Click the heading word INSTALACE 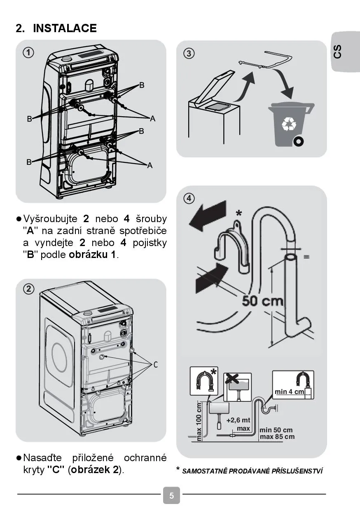(x=65, y=28)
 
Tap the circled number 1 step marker (x=28, y=52)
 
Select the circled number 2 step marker (x=28, y=289)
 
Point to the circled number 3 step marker (x=189, y=53)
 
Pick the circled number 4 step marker (x=189, y=198)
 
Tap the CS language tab (x=338, y=52)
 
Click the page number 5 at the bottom (x=171, y=496)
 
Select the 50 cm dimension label (x=263, y=301)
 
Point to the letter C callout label (x=156, y=365)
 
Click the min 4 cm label (x=290, y=391)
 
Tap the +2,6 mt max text (x=238, y=424)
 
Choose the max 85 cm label (x=277, y=437)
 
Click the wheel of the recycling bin (x=298, y=142)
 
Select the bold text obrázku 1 (x=93, y=255)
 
